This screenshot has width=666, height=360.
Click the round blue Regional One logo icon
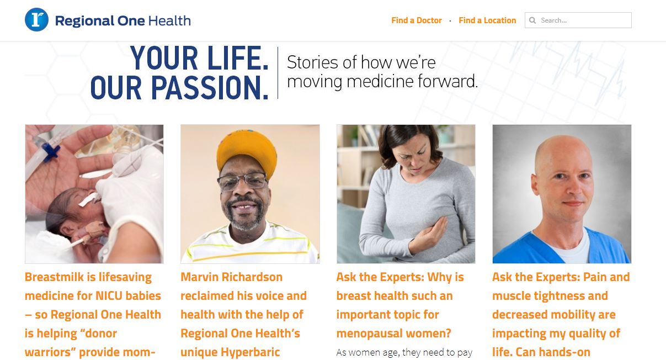pos(36,20)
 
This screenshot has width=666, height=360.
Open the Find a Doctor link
pos(416,20)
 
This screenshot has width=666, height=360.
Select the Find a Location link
pos(487,20)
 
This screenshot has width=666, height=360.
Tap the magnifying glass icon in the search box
pos(532,20)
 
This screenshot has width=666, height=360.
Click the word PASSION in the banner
pos(210,88)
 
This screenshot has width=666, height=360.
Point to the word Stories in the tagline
pos(312,62)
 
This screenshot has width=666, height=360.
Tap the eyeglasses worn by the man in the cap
pos(242,181)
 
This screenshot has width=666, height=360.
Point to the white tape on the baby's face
pos(89,199)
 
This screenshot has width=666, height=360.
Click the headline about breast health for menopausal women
pos(400,305)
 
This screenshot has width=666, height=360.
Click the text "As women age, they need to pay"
pos(404,352)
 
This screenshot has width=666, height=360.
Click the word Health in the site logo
pos(169,21)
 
